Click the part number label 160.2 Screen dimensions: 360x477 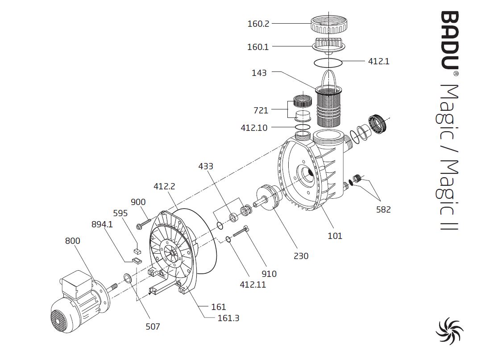(258, 24)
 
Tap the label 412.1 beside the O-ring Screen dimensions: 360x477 (378, 61)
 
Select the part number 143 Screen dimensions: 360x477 (259, 73)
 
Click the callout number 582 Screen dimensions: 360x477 (383, 209)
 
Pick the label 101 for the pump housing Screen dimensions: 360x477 (335, 235)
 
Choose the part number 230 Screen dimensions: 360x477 (301, 256)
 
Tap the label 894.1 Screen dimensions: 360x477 (102, 224)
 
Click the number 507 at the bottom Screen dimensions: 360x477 (153, 327)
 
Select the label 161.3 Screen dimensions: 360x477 (228, 318)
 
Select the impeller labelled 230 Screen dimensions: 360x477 (267, 197)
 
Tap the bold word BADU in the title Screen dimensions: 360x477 (450, 40)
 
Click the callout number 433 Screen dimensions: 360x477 (206, 166)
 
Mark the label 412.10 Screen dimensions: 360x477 (254, 128)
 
